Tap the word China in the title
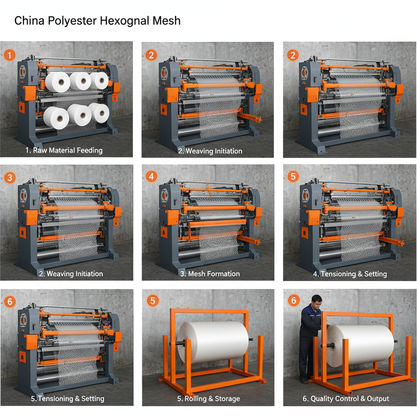pos(29,21)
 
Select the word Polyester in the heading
pos(72,21)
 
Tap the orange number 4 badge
pos(151,177)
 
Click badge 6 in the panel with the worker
pos(293,301)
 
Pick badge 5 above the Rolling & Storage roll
pos(151,301)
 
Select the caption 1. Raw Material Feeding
pos(64,150)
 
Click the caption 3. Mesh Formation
pos(210,274)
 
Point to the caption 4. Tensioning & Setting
pos(350,274)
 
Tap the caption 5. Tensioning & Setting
pos(68,398)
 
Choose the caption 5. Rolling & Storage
pos(208,398)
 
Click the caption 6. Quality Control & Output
pos(346,398)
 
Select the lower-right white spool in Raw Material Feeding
pos(99,112)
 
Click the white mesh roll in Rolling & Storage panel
pos(213,342)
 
